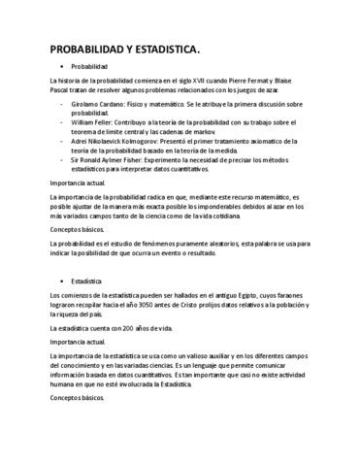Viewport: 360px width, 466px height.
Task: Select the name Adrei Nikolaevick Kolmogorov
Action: (x=119, y=141)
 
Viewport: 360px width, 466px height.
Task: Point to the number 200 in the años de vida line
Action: (x=125, y=329)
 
